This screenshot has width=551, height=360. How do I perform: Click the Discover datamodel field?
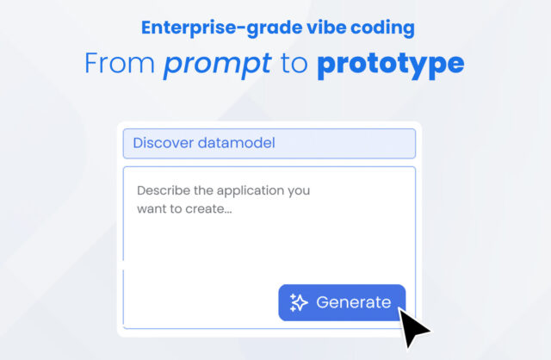(x=269, y=143)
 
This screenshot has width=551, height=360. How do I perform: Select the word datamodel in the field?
(x=238, y=143)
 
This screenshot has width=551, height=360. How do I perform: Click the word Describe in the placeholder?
(x=161, y=190)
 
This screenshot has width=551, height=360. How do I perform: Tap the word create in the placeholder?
(x=208, y=209)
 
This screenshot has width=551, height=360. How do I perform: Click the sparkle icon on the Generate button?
(x=299, y=302)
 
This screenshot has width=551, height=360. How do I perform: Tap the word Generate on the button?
(x=353, y=302)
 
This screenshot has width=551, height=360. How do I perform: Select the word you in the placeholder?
(x=298, y=190)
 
